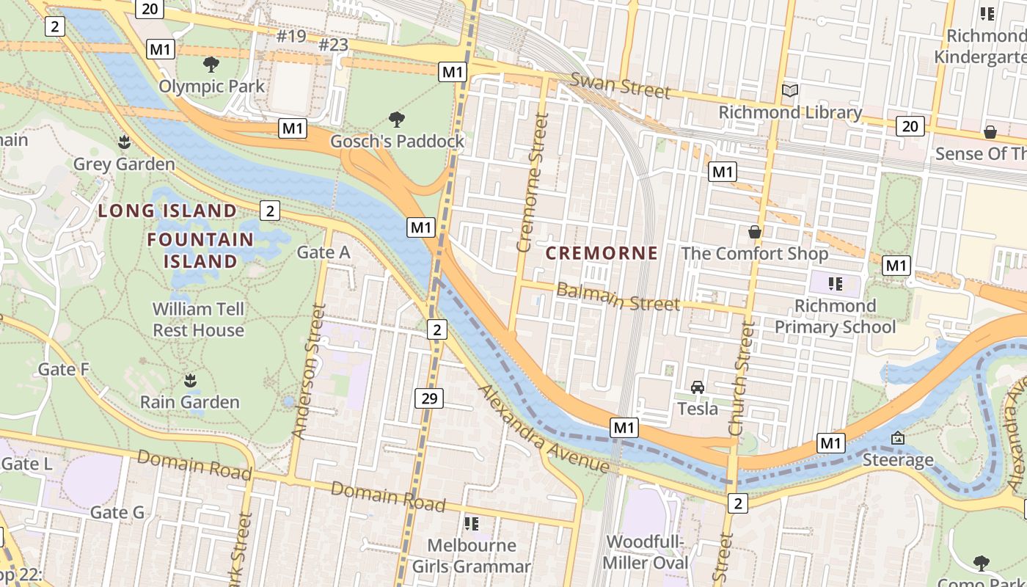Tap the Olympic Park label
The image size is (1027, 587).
tap(212, 86)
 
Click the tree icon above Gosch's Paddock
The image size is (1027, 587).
tap(397, 119)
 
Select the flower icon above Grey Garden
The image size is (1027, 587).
tap(124, 142)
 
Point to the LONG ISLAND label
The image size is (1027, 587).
tap(168, 211)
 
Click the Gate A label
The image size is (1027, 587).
tap(323, 252)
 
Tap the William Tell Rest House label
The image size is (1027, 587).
tap(198, 319)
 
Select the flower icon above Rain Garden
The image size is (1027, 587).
tap(190, 380)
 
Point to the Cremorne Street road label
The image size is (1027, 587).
tap(533, 182)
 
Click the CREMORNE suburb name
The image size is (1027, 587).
tap(602, 253)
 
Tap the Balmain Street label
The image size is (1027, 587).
tap(618, 296)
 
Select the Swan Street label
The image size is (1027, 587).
tap(621, 85)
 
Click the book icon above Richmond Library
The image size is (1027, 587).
tap(790, 91)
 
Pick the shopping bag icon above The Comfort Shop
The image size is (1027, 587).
tap(754, 233)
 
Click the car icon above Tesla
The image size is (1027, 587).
tap(698, 387)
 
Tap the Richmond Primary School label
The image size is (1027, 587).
tap(835, 316)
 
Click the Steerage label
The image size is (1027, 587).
tap(898, 460)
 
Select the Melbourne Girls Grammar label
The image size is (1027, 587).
tap(471, 555)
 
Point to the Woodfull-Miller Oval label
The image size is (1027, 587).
tap(646, 552)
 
